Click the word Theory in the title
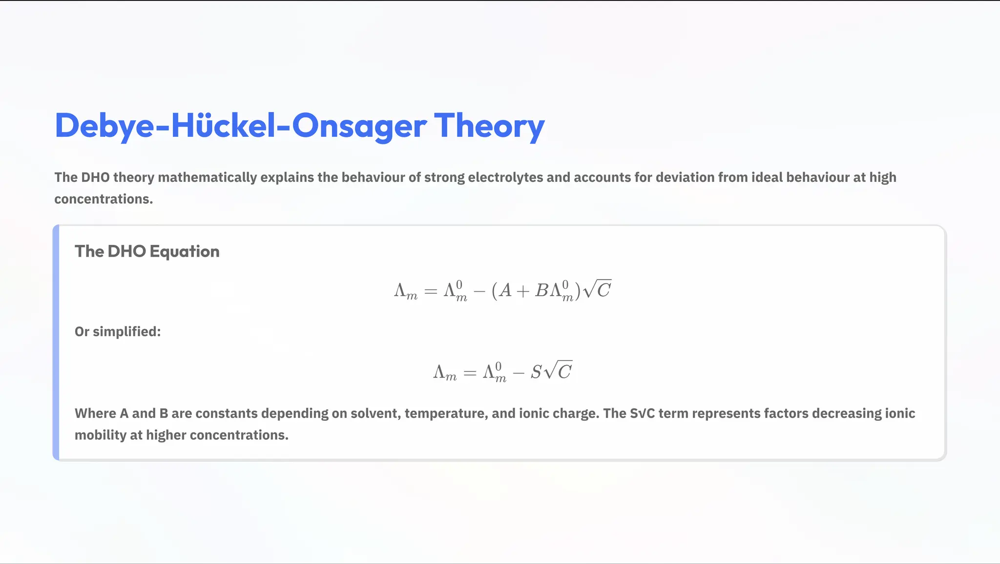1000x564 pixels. [x=489, y=126]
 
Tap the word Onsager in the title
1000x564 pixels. [x=359, y=126]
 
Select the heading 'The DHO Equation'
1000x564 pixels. [x=147, y=251]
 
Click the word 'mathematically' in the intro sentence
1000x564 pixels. [x=207, y=177]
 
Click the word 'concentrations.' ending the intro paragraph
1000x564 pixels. [x=104, y=199]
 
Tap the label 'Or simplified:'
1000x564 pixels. [x=118, y=331]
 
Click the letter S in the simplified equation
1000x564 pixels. [x=536, y=372]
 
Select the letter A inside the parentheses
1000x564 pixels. [x=506, y=291]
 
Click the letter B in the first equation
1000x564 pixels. [x=542, y=291]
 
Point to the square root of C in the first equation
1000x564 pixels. [x=598, y=290]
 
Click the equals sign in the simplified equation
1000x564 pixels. [x=469, y=373]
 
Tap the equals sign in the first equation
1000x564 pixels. [x=430, y=292]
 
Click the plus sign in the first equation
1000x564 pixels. [x=522, y=292]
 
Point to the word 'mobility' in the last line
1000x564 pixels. [x=100, y=435]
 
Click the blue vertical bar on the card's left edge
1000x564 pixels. [x=56, y=343]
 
